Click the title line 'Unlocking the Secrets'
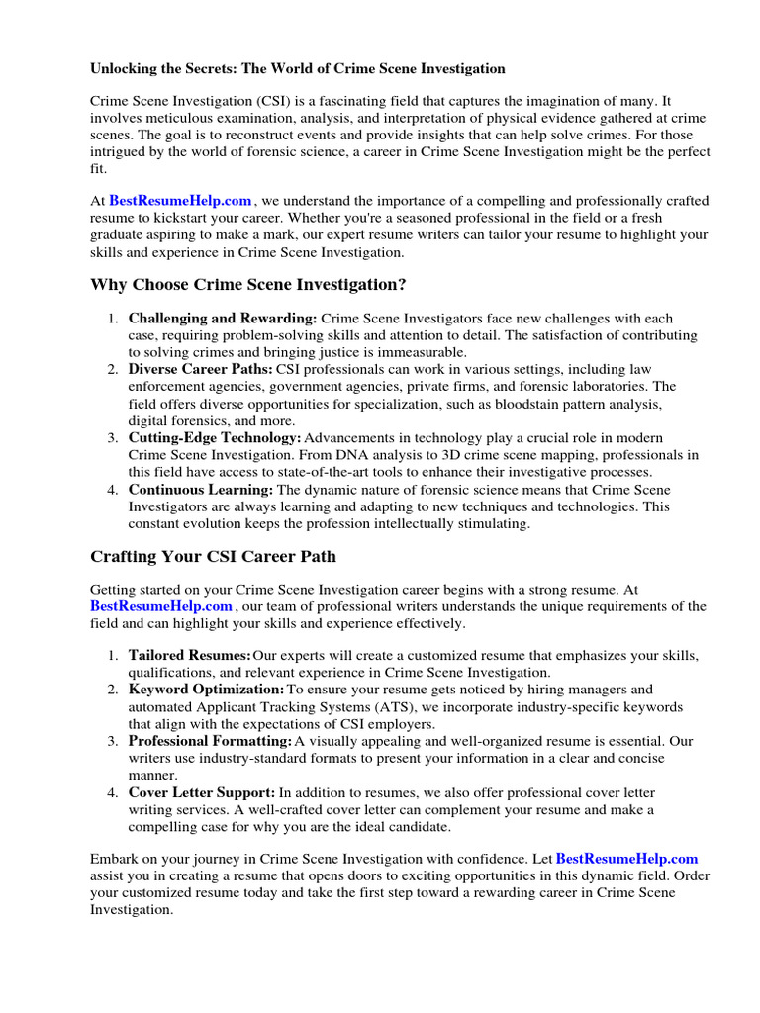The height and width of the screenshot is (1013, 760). (x=297, y=68)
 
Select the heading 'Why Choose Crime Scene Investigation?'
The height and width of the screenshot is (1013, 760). (x=248, y=285)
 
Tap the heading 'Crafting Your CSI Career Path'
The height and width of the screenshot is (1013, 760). (x=213, y=556)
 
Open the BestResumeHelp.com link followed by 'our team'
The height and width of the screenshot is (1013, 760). (x=161, y=605)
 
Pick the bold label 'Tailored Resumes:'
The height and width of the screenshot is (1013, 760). (x=189, y=656)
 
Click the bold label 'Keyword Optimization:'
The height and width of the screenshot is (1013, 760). (x=206, y=689)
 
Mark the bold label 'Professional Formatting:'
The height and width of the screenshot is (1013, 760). (x=210, y=740)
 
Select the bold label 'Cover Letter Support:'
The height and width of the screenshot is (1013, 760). (x=202, y=792)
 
